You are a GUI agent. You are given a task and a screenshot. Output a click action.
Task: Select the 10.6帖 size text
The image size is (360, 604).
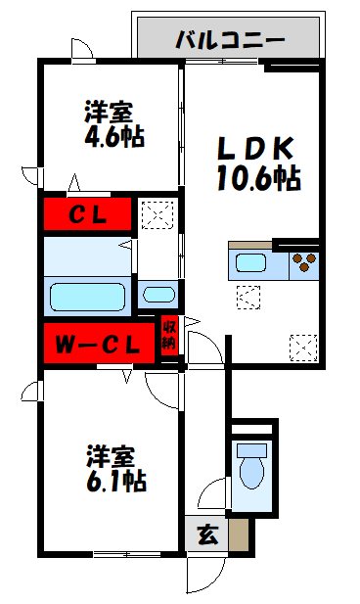click(x=257, y=178)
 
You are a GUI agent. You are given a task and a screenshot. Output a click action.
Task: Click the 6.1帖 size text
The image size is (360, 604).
click(x=114, y=483)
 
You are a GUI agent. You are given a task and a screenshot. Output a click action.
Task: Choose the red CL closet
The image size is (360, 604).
click(x=86, y=213)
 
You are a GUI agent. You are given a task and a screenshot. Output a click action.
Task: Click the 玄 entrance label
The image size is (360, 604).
click(x=207, y=535)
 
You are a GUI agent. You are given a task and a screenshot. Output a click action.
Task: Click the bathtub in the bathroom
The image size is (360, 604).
click(x=88, y=295)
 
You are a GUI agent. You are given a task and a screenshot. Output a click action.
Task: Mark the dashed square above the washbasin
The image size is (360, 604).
click(x=156, y=213)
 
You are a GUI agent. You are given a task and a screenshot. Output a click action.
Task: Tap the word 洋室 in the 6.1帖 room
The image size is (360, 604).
click(x=111, y=456)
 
